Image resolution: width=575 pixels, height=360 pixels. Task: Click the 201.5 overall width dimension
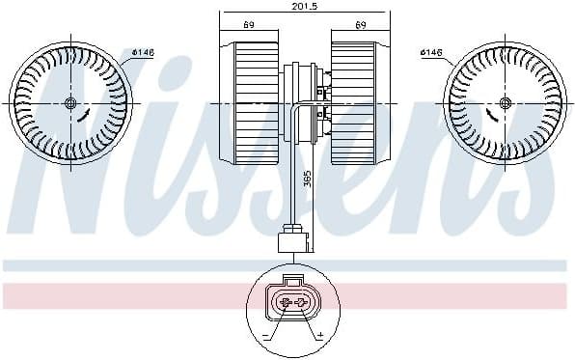pyautogui.click(x=292, y=7)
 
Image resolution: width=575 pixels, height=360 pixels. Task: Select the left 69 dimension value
pyautogui.click(x=249, y=23)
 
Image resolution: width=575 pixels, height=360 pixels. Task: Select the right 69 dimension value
pyautogui.click(x=360, y=23)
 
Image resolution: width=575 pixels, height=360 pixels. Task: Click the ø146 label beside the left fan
pyautogui.click(x=143, y=52)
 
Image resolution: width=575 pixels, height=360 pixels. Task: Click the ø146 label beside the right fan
pyautogui.click(x=432, y=52)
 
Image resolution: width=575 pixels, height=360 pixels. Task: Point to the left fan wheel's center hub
pyautogui.click(x=69, y=103)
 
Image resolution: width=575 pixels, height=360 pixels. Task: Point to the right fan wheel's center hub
pyautogui.click(x=505, y=103)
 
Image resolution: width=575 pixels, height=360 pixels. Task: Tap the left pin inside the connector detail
pyautogui.click(x=284, y=303)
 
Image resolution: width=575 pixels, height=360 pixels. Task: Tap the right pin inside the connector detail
pyautogui.click(x=302, y=303)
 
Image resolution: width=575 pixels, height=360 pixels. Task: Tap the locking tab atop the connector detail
pyautogui.click(x=292, y=278)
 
